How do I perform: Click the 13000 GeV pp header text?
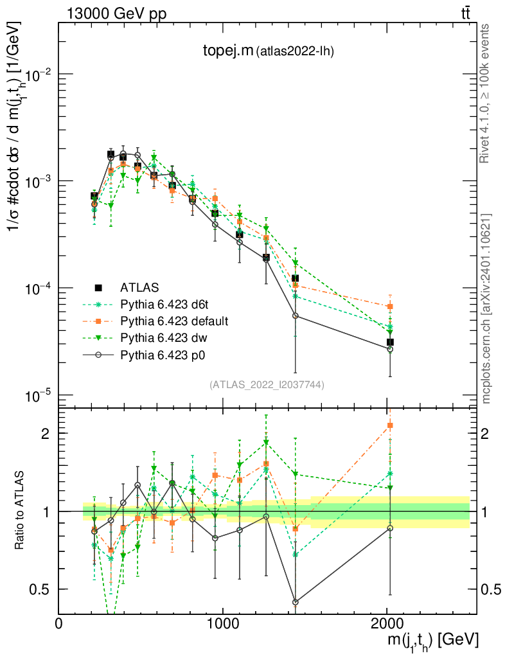click(x=116, y=13)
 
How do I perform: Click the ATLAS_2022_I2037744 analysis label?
click(x=266, y=384)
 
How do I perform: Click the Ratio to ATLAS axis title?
click(x=21, y=511)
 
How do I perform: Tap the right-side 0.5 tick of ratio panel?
click(x=491, y=589)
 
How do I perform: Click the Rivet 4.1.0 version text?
click(x=486, y=93)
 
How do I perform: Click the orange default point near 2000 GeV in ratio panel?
click(x=390, y=425)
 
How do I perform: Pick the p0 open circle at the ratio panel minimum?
click(x=295, y=602)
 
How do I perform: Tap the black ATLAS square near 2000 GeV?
click(x=390, y=342)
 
